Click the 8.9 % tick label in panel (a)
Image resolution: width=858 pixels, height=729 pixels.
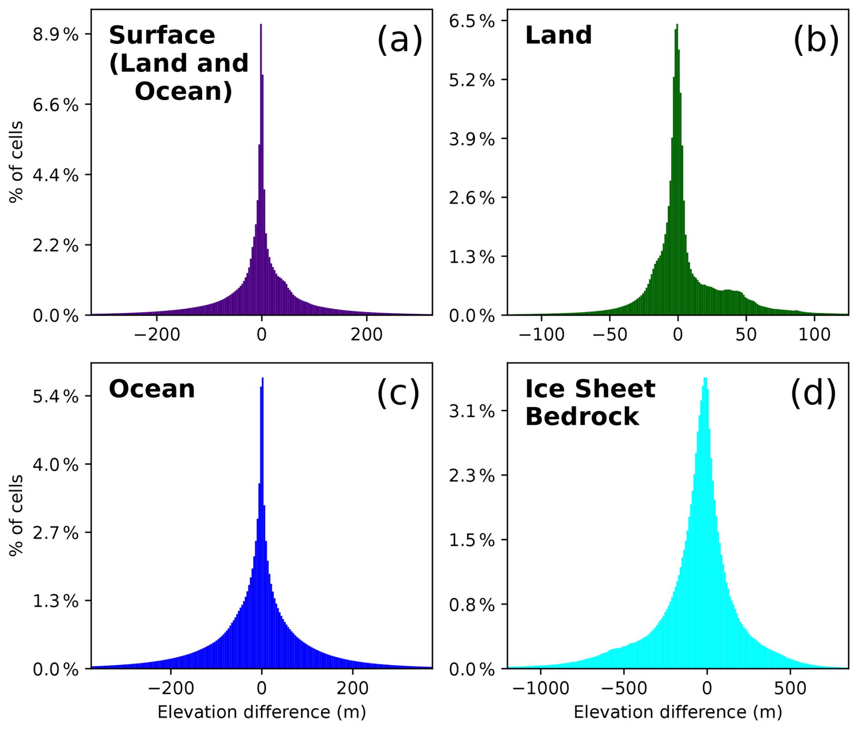click(x=55, y=35)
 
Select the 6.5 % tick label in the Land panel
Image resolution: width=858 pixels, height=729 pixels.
click(x=472, y=21)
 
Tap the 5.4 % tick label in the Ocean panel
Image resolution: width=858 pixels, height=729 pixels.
click(x=55, y=397)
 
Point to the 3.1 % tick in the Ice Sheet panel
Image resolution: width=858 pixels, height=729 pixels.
click(x=472, y=412)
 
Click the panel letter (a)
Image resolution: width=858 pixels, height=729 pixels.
click(x=399, y=40)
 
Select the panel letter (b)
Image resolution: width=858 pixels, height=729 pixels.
click(x=815, y=40)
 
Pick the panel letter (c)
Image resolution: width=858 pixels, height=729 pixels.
click(x=398, y=393)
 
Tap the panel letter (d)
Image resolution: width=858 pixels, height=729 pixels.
click(x=813, y=393)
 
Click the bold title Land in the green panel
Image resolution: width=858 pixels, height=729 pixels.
click(x=558, y=35)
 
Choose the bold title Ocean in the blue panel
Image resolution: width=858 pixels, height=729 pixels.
click(x=152, y=389)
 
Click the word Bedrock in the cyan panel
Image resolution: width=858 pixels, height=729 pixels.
click(x=582, y=416)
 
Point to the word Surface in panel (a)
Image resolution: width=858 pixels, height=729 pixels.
click(x=162, y=35)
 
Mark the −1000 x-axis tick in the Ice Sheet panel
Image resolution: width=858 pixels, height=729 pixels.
click(x=541, y=689)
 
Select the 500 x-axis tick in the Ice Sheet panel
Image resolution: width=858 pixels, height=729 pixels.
click(x=790, y=689)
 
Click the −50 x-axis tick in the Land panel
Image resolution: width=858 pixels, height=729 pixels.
click(x=610, y=335)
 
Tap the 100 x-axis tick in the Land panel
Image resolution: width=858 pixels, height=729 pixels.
click(x=814, y=335)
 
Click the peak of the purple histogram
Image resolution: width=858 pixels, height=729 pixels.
click(x=261, y=25)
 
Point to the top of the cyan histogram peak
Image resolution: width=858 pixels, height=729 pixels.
click(x=705, y=379)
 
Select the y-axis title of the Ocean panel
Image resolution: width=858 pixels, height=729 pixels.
click(x=17, y=515)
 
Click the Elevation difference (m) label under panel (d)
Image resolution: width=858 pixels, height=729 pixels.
click(x=678, y=712)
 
